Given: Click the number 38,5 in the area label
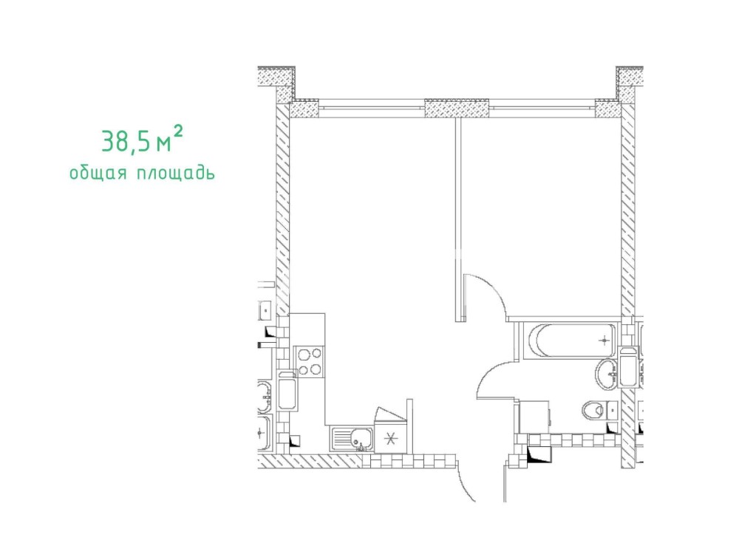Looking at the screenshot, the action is pos(126,141).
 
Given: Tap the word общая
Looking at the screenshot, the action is pos(98,173).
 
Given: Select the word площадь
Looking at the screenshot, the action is pos(176,173).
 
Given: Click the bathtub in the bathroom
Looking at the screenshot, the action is pos(572,340).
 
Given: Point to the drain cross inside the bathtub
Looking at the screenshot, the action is pos(604,340).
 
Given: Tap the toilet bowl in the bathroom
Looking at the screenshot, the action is pos(593,410).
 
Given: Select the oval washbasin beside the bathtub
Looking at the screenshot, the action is pos(606,374).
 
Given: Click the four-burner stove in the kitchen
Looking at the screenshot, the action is pos(309,361).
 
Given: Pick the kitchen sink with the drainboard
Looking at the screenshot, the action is pos(352,440).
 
